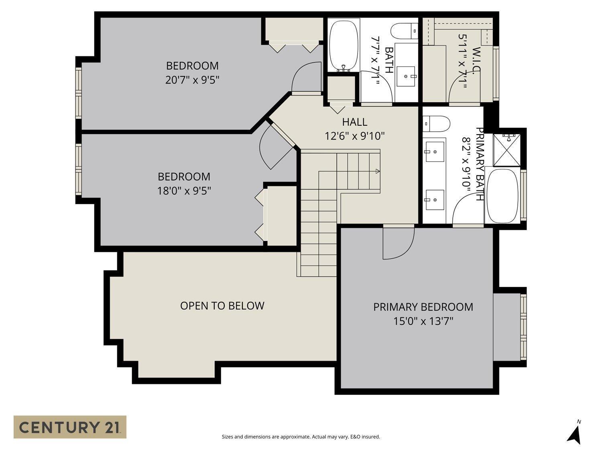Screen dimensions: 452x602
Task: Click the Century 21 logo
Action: (x=70, y=427)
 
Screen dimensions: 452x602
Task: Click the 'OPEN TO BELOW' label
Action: (x=222, y=306)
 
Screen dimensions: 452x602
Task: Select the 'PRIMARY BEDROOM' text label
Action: (x=423, y=307)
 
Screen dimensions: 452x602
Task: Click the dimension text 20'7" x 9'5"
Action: (x=192, y=80)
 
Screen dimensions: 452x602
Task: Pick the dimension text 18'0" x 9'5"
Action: (x=184, y=190)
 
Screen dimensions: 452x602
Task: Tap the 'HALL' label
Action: (x=354, y=122)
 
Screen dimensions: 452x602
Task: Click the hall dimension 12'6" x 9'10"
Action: (x=354, y=136)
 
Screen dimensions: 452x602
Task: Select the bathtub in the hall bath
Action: (x=343, y=45)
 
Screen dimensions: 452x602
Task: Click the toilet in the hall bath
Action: (x=405, y=31)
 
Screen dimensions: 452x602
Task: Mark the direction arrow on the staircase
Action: (x=377, y=172)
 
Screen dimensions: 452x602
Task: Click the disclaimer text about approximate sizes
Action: (x=301, y=437)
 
